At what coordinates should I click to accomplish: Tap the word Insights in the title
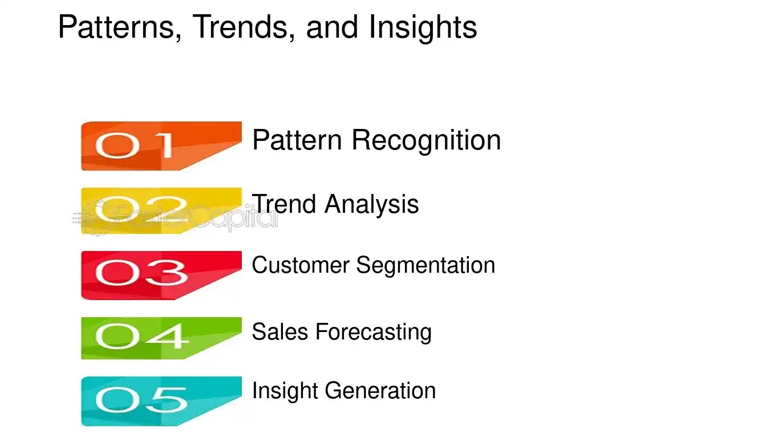pyautogui.click(x=423, y=27)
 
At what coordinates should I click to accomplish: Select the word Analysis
pyautogui.click(x=371, y=204)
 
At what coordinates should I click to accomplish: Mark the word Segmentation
pyautogui.click(x=425, y=265)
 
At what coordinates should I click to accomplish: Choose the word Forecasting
pyautogui.click(x=374, y=332)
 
